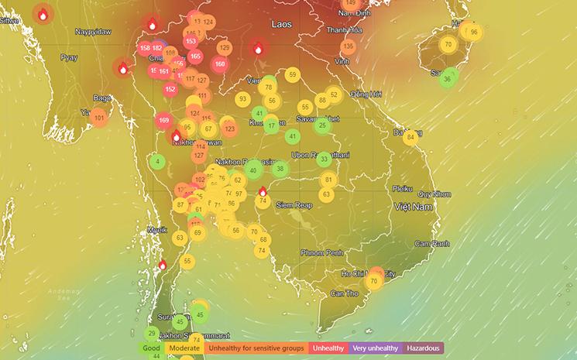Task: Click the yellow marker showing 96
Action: (x=473, y=33)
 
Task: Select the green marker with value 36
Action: (x=447, y=78)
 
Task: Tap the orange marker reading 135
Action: (x=348, y=46)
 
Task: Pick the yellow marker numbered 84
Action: (x=410, y=137)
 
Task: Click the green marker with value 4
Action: (x=158, y=162)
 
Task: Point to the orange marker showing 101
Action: (x=99, y=118)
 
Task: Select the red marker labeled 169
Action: (x=163, y=120)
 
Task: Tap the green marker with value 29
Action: (x=152, y=332)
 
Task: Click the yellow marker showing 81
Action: (x=327, y=180)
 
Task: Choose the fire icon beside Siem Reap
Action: (x=263, y=191)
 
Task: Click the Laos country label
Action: (x=281, y=25)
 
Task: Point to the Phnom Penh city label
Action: (x=325, y=252)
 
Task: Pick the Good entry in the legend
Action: (x=151, y=348)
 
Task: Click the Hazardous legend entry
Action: (x=422, y=348)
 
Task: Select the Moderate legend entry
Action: (x=184, y=348)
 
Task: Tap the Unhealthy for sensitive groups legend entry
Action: (x=256, y=348)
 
